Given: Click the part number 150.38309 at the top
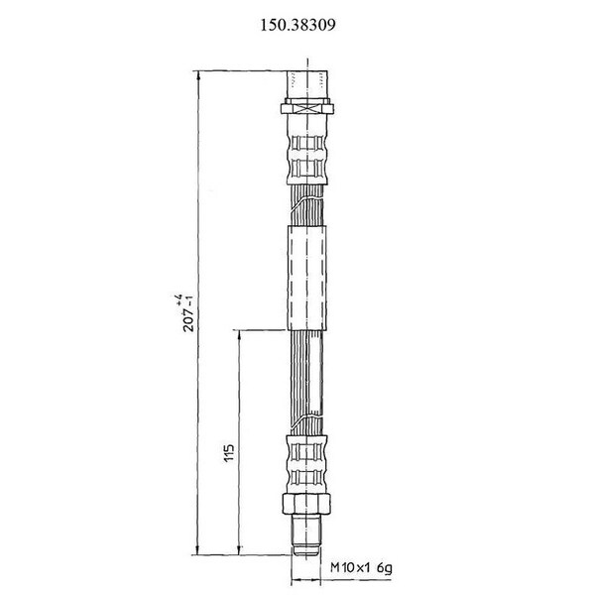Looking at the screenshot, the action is [297, 25].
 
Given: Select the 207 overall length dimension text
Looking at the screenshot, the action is [188, 318].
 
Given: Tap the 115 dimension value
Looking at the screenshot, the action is [230, 453].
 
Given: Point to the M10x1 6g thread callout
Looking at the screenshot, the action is [362, 568].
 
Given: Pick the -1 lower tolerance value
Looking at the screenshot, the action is [188, 298].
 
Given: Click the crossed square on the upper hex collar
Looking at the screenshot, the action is [307, 109].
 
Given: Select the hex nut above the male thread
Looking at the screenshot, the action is [307, 503].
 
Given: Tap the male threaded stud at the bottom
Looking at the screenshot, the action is [307, 535].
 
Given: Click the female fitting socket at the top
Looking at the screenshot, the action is [307, 84].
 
